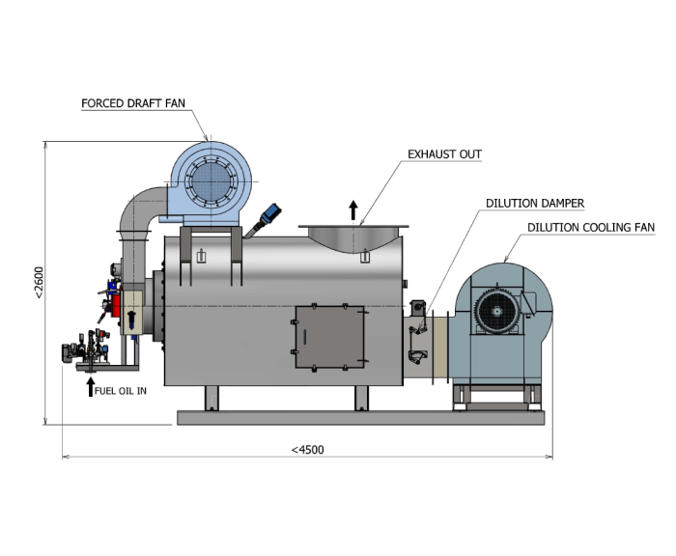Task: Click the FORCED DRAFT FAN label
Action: click(133, 103)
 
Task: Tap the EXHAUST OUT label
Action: click(444, 154)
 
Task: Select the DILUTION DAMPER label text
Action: click(535, 203)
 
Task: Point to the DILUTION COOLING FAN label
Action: click(591, 227)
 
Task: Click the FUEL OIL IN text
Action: click(121, 391)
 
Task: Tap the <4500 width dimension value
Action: click(307, 450)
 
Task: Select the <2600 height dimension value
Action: click(39, 282)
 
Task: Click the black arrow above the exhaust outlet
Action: click(353, 210)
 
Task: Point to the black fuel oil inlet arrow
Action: click(90, 387)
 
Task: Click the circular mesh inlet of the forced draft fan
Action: click(211, 181)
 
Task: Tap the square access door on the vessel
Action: click(330, 337)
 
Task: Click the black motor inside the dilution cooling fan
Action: click(496, 311)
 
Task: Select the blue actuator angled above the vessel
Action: click(270, 213)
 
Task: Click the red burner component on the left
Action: click(116, 306)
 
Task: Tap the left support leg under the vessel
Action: click(211, 399)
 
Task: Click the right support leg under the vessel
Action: click(362, 399)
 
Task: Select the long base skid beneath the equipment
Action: click(361, 418)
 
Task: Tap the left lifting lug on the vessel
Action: click(201, 256)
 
